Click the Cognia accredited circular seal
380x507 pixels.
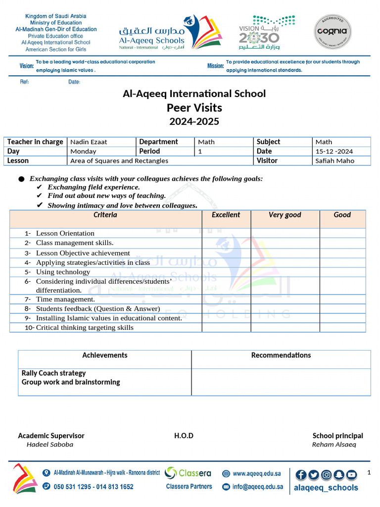[x=333, y=32]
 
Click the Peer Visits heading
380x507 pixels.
[x=194, y=108]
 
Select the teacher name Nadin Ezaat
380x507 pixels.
[x=89, y=142]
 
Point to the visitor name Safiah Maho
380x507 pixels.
[x=334, y=161]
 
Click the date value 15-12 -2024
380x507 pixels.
[x=334, y=152]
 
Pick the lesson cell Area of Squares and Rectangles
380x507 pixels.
[x=119, y=161]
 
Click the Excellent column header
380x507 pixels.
[x=226, y=215]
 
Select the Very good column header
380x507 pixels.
[x=285, y=215]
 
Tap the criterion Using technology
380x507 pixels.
[x=63, y=272]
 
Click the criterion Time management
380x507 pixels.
[x=65, y=299]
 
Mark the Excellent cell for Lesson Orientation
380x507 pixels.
[x=226, y=233]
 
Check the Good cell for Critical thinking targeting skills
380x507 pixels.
[x=342, y=327]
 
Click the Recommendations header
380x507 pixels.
[x=281, y=355]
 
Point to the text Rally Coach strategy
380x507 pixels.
[x=53, y=373]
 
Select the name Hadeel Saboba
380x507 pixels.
[x=49, y=445]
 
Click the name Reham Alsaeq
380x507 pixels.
[x=333, y=445]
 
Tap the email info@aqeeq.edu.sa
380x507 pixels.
[x=257, y=487]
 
